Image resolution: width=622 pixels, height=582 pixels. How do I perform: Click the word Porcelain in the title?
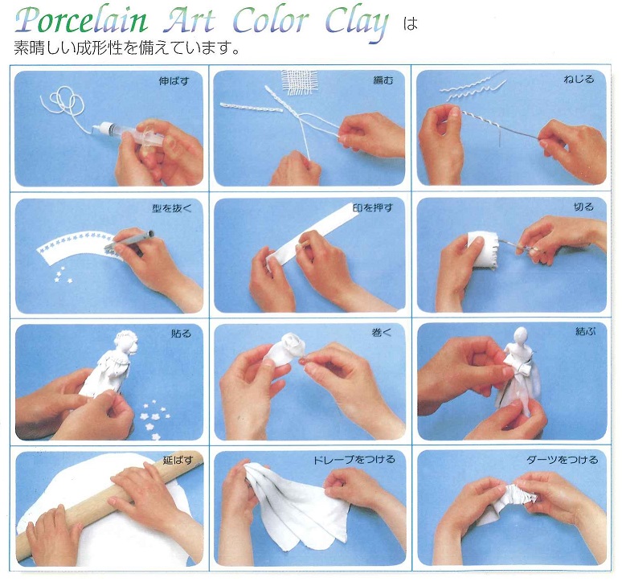coord(81,21)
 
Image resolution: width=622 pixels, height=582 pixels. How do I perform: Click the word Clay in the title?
coord(357,23)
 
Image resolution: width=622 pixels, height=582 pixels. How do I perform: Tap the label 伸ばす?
coord(174,81)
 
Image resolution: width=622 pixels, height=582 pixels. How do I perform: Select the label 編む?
coord(383,80)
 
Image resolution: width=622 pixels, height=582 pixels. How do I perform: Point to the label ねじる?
coord(579,80)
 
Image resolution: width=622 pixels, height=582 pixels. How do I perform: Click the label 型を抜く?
coord(172,208)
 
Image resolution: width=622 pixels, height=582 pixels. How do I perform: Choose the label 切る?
coord(583,207)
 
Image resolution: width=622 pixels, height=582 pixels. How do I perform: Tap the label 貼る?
coord(181,334)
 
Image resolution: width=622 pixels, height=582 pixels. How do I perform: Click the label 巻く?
coord(382,333)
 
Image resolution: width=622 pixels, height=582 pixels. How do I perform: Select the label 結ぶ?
coord(586,331)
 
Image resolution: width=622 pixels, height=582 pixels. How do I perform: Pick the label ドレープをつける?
coord(354,460)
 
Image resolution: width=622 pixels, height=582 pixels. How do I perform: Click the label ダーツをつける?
coord(562,460)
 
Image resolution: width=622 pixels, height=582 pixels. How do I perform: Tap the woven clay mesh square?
coord(300,84)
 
